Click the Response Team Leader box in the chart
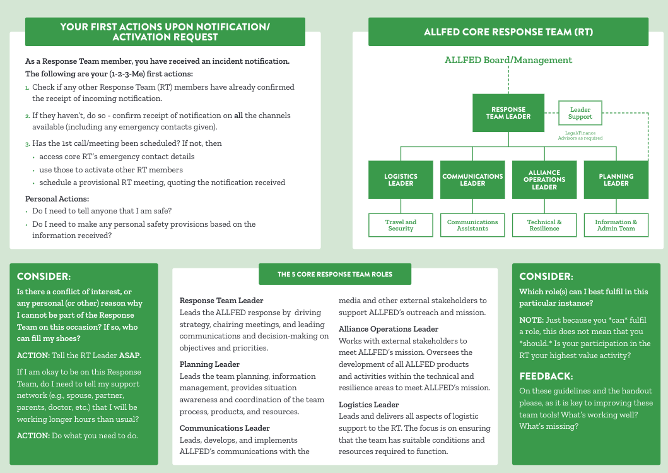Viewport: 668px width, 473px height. coord(508,113)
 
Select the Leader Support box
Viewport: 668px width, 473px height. coord(580,113)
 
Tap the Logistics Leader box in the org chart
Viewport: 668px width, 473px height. coord(401,179)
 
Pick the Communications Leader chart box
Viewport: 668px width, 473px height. coord(472,179)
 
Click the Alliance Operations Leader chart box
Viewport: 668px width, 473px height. coord(544,179)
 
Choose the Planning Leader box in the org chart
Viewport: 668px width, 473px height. coord(616,179)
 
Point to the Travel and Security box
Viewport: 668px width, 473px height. coord(401,225)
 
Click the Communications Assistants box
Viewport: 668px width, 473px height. coord(472,225)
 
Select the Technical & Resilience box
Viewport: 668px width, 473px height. coord(544,225)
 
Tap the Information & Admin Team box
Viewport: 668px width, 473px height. coord(616,225)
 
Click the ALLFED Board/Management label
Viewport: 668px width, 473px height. coord(508,60)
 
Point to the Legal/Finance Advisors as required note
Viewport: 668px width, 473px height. coord(580,136)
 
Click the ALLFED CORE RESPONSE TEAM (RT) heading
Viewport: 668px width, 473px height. coord(508,32)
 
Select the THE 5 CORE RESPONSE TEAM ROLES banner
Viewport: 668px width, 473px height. coord(335,274)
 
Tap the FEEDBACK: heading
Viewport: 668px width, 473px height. coord(546,376)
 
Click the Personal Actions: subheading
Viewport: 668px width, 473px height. coord(57,199)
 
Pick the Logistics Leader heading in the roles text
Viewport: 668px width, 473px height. coord(368,404)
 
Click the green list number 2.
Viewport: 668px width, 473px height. coord(27,116)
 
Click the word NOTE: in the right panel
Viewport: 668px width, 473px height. coord(531,320)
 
